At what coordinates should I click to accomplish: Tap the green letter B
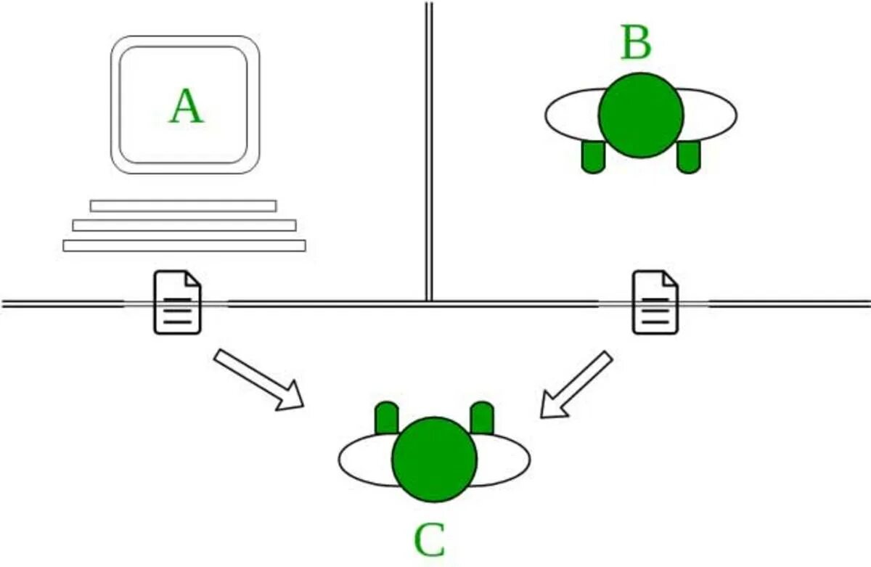point(636,44)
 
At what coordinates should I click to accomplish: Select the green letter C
point(430,540)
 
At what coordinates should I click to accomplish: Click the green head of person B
point(641,115)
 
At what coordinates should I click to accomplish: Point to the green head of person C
point(434,459)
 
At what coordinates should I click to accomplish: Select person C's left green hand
point(387,418)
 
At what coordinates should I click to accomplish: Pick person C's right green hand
point(482,418)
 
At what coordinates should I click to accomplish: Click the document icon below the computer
point(177,302)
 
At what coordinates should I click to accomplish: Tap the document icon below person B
point(655,302)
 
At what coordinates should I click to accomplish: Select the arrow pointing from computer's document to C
point(258,380)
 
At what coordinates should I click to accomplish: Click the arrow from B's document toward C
point(576,385)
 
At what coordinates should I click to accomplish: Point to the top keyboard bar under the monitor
point(183,205)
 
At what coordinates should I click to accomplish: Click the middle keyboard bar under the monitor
point(184,225)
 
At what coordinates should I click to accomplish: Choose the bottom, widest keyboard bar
point(184,245)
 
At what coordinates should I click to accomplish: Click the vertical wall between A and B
point(429,145)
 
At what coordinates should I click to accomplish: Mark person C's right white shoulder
point(504,460)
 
